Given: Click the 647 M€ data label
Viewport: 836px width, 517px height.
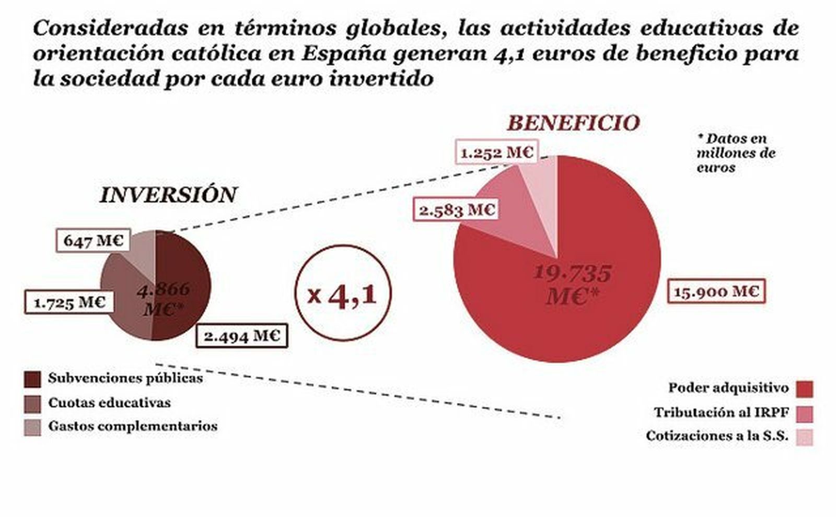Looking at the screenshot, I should pyautogui.click(x=93, y=241).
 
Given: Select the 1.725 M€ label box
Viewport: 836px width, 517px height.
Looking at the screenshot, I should pyautogui.click(x=69, y=302).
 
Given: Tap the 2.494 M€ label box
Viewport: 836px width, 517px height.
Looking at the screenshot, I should pyautogui.click(x=242, y=336).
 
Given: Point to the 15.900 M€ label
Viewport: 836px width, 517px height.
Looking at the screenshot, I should pyautogui.click(x=716, y=291).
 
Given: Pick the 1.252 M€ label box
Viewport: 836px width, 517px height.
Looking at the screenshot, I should pyautogui.click(x=496, y=152).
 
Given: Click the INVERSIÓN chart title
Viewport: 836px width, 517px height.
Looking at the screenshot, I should pyautogui.click(x=168, y=195).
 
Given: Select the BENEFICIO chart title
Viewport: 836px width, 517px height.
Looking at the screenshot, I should pyautogui.click(x=574, y=123).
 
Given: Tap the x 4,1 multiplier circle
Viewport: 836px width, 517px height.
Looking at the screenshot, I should pyautogui.click(x=343, y=293).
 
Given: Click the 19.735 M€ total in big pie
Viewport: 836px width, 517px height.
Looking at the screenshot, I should pyautogui.click(x=572, y=285).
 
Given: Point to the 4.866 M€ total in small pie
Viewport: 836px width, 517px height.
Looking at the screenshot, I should pyautogui.click(x=164, y=299).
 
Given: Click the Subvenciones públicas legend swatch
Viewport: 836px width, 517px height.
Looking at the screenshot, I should pyautogui.click(x=32, y=379).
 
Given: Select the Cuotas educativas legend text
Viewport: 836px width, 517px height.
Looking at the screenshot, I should pyautogui.click(x=109, y=403).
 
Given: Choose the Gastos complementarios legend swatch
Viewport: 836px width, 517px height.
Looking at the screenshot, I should pyautogui.click(x=32, y=427).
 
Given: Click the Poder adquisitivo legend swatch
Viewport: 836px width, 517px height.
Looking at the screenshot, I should pyautogui.click(x=805, y=389).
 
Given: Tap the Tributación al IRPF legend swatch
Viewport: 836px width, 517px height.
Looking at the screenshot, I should pyautogui.click(x=805, y=414).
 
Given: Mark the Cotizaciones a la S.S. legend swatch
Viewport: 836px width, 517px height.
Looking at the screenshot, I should pyautogui.click(x=805, y=437).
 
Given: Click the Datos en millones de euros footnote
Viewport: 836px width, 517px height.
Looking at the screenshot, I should pyautogui.click(x=735, y=153).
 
